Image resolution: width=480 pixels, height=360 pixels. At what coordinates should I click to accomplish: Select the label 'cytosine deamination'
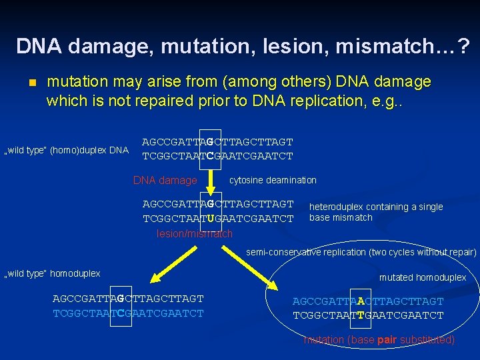pos(273,180)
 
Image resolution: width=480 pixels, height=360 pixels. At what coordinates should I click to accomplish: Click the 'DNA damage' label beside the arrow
pos(165,180)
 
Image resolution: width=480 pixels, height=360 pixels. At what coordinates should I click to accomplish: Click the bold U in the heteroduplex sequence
pos(211,218)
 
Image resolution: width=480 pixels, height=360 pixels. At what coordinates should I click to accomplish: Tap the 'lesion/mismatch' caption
pos(195,233)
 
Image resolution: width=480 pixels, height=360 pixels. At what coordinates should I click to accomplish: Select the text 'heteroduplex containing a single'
pos(376,207)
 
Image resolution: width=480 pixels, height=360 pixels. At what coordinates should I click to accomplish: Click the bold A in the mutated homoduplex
pos(361,301)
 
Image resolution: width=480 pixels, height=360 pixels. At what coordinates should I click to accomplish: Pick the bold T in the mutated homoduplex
pos(361,315)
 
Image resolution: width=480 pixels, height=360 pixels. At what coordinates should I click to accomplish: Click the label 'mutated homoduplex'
pos(423,277)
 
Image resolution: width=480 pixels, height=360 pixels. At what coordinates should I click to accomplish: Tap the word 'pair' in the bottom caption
pos(387,340)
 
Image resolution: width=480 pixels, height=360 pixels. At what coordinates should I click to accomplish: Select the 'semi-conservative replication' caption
pos(361,252)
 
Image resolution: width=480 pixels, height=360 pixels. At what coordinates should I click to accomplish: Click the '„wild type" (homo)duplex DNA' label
pos(66,150)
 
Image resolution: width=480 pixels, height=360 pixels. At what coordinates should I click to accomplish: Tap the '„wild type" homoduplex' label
pos(53,273)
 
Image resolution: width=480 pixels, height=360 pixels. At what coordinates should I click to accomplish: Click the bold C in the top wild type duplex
pos(210,157)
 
